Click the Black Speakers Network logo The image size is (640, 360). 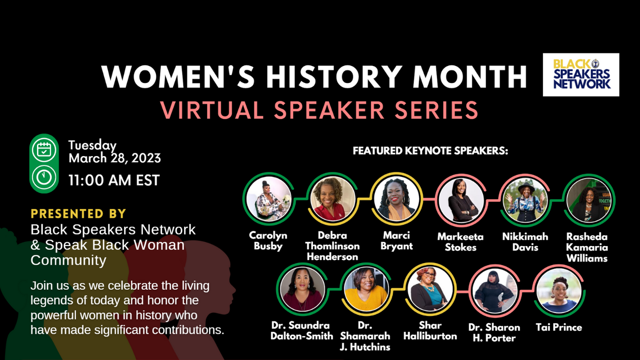pos(581,75)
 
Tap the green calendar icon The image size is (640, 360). pos(44,150)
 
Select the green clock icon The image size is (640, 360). pos(44,177)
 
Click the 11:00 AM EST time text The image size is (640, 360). pos(114,180)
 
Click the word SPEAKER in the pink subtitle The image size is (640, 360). pos(329,110)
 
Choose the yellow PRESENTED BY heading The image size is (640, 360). pos(78,214)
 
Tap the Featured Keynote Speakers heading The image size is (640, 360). pos(430,150)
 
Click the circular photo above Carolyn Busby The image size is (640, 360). pos(268,199)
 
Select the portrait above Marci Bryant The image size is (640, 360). pos(396,199)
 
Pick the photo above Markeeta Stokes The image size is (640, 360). pos(461,200)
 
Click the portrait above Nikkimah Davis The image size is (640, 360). pos(525,200)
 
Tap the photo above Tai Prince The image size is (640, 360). pos(559,291)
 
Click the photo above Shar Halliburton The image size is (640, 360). pos(430,289)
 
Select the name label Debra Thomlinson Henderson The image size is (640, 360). pos(332,246)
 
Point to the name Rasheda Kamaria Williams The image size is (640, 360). pos(587,247)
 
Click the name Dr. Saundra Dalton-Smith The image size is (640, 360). pos(302,330)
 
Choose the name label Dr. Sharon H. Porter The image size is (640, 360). pos(494,332)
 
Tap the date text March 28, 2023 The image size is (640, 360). pos(115,158)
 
